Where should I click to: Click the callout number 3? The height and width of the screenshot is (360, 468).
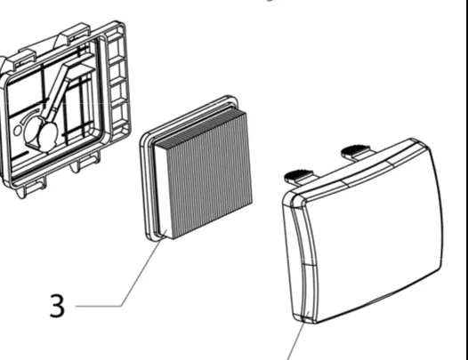(x=57, y=306)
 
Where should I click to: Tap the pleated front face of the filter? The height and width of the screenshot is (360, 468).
(x=210, y=174)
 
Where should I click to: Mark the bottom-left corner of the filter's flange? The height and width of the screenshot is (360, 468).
(x=149, y=237)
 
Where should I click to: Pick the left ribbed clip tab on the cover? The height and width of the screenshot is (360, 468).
(x=298, y=175)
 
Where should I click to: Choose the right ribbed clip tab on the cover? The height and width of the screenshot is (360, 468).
(x=356, y=151)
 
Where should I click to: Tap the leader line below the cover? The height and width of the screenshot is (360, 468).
(x=295, y=341)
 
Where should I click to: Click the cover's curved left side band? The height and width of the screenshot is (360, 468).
(x=303, y=260)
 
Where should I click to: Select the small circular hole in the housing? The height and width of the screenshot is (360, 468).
(x=18, y=131)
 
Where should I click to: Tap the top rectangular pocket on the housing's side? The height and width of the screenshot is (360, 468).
(x=115, y=45)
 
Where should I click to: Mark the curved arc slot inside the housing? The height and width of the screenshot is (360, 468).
(x=30, y=116)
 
